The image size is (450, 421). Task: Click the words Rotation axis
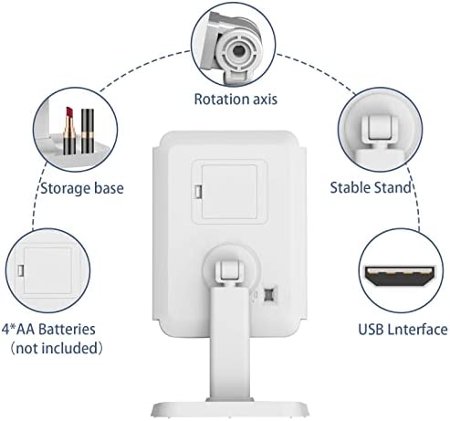235,100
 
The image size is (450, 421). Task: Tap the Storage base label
82,188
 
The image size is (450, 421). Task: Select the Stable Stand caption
371,187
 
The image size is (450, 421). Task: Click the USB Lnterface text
403,330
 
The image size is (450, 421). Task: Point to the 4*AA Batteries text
48,330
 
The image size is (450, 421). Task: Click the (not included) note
57,348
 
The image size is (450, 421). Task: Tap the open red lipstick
69,131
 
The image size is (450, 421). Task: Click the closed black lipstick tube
88,131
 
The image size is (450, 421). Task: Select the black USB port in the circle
400,276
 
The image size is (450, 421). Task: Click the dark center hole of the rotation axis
238,50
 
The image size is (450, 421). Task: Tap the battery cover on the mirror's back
229,192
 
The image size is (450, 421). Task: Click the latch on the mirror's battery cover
198,192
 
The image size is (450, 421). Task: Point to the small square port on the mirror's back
268,294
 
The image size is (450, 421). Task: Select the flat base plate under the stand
230,409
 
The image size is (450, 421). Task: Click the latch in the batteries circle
21,270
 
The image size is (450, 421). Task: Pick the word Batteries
68,330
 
